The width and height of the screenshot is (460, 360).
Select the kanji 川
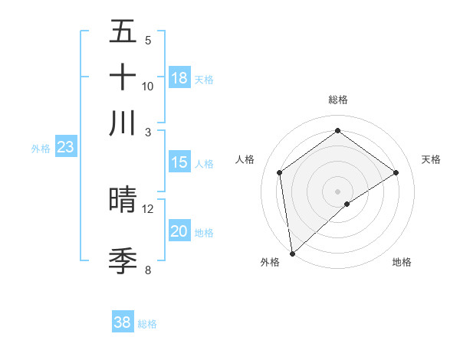click(x=123, y=123)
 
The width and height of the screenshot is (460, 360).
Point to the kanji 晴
click(x=123, y=200)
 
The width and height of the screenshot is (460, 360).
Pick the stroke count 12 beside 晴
click(x=148, y=208)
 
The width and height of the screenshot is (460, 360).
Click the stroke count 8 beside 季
click(x=148, y=270)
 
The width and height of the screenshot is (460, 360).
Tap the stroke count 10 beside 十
click(x=148, y=86)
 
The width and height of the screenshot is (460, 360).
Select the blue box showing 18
click(x=179, y=78)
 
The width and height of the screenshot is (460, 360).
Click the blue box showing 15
click(x=179, y=162)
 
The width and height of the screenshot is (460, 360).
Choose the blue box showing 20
click(x=179, y=232)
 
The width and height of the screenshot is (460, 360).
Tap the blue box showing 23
click(x=65, y=147)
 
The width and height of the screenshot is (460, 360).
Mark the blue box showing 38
click(x=123, y=322)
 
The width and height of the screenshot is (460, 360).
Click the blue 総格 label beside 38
click(x=147, y=324)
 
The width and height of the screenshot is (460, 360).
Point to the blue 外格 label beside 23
click(x=41, y=149)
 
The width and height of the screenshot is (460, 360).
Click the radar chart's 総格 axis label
click(x=337, y=100)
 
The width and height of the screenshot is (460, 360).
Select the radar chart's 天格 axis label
click(x=432, y=159)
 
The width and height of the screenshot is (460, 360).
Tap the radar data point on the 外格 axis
click(x=292, y=253)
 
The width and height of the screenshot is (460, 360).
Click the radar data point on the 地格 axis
click(x=347, y=204)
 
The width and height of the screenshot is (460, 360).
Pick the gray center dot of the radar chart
click(x=337, y=191)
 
